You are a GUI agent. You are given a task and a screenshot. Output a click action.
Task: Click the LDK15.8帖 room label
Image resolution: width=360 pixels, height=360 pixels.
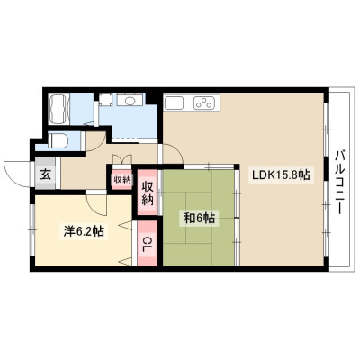[x=281, y=175]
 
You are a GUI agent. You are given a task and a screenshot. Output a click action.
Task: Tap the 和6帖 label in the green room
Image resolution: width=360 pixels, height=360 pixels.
[x=199, y=218]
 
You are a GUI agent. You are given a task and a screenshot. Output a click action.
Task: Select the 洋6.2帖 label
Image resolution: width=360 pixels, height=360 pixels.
[x=84, y=231]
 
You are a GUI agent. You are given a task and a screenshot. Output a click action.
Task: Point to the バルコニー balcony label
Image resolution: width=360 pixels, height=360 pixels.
[x=339, y=183]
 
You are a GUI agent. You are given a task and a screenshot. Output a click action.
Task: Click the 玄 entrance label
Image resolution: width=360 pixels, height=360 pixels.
[x=46, y=174]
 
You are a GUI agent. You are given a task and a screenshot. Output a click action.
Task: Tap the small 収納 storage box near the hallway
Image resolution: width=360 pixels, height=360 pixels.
[x=121, y=179]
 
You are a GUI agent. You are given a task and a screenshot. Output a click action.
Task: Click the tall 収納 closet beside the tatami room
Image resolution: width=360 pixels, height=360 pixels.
[x=148, y=193]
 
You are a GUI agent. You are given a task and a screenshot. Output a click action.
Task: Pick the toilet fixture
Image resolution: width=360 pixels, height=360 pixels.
[x=58, y=140]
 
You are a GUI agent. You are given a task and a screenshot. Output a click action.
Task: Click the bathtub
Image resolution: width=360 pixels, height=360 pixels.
[x=59, y=109]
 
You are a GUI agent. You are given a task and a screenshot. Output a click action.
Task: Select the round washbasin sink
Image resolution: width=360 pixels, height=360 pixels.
[x=130, y=101]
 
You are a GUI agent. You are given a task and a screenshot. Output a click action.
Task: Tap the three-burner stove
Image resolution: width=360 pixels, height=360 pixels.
[x=204, y=103]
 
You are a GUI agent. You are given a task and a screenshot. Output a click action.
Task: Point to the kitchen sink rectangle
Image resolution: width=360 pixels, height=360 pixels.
[x=174, y=103]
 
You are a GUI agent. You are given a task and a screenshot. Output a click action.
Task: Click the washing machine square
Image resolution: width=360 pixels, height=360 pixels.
[x=106, y=100]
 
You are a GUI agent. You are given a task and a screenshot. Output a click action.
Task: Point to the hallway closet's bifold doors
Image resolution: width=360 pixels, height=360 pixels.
[x=121, y=158]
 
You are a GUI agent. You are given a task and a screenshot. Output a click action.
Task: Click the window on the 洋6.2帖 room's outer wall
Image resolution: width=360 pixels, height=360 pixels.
[x=31, y=229]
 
